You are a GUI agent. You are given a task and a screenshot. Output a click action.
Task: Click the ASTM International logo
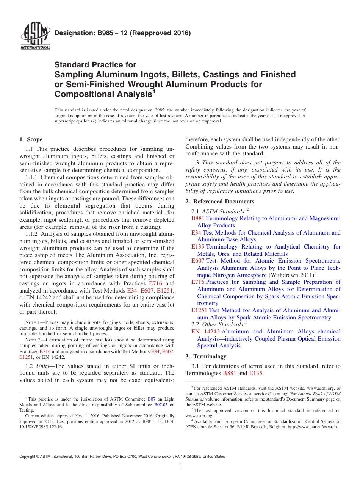(x=35, y=36)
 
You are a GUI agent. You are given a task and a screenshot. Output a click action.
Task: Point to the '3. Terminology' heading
(x=206, y=357)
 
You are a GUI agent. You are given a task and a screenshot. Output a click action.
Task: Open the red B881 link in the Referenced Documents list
(x=198, y=218)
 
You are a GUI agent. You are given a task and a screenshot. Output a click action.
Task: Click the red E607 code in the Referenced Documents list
(x=198, y=261)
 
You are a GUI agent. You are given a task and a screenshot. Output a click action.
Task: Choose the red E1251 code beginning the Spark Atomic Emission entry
(x=199, y=310)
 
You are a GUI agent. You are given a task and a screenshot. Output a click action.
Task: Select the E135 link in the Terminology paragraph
(x=256, y=373)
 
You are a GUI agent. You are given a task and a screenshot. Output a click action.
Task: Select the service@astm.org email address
(x=263, y=394)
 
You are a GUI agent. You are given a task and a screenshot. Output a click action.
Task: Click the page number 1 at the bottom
(x=180, y=466)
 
